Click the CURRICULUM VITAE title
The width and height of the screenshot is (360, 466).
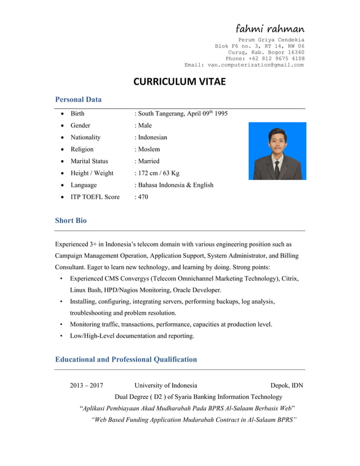click(x=179, y=82)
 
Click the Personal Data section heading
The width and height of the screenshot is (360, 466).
click(x=78, y=100)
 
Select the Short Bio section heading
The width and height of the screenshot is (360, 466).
click(x=71, y=221)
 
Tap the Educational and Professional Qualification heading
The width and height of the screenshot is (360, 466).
click(x=126, y=359)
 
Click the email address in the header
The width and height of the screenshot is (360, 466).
click(x=256, y=65)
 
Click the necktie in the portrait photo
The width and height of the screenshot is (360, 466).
click(x=276, y=166)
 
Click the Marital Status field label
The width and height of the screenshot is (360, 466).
click(x=89, y=161)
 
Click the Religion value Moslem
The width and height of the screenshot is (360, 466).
click(x=148, y=150)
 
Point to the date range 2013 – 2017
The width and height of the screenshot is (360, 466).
click(x=86, y=386)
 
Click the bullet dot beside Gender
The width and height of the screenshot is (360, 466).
click(x=61, y=126)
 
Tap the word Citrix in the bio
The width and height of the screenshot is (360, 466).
click(x=289, y=279)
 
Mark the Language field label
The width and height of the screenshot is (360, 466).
click(x=84, y=185)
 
